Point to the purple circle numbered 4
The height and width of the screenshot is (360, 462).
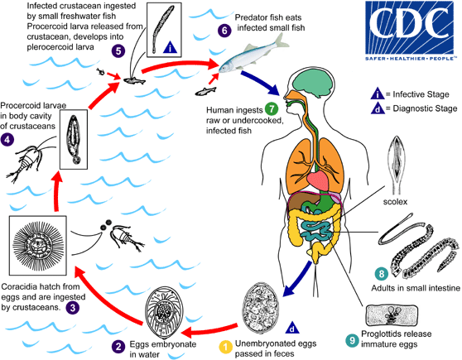click(7, 117)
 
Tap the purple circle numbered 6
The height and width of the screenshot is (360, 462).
click(223, 31)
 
